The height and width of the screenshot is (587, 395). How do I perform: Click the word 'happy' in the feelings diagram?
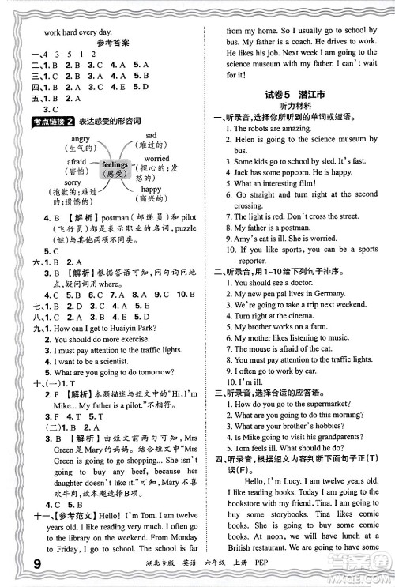[x=151, y=190]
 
